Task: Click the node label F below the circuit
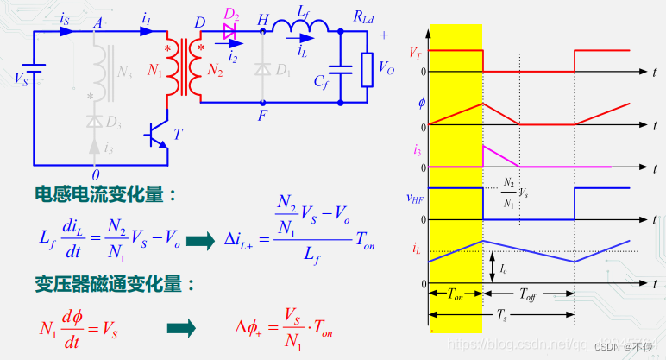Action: click(x=262, y=113)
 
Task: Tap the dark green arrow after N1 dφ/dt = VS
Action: click(x=181, y=327)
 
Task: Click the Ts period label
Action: click(x=501, y=317)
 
